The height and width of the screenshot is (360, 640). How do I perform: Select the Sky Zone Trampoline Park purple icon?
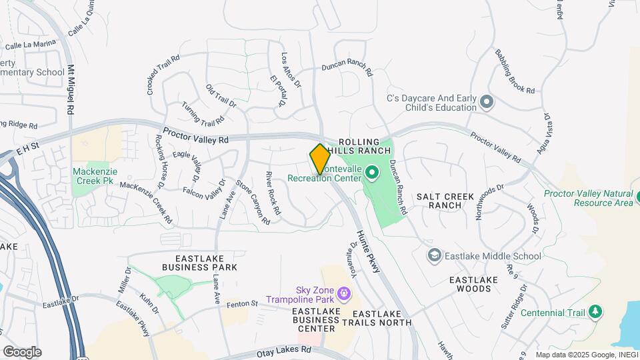pyautogui.click(x=344, y=293)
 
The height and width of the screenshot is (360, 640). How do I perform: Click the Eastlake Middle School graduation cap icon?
pyautogui.click(x=435, y=255)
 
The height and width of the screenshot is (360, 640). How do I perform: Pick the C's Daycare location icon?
pyautogui.click(x=487, y=103)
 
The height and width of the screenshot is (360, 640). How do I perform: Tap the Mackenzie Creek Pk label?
pyautogui.click(x=95, y=176)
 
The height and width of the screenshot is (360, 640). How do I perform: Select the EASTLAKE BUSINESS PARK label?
pyautogui.click(x=206, y=263)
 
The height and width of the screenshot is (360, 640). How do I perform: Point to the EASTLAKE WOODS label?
pyautogui.click(x=470, y=284)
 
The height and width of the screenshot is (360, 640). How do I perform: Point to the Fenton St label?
pyautogui.click(x=242, y=303)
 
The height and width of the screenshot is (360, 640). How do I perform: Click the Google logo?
pyautogui.click(x=22, y=352)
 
